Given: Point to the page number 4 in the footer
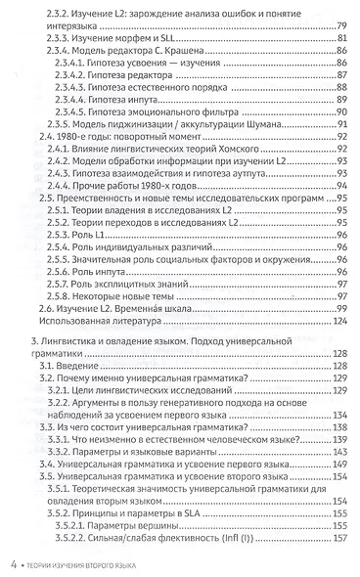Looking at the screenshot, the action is point(14,563).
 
